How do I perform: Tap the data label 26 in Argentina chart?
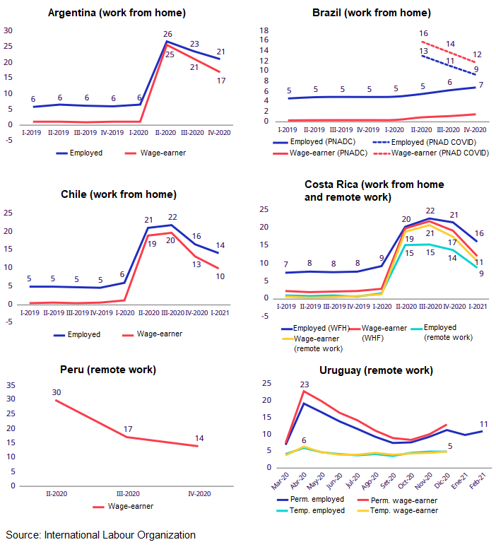[167, 34]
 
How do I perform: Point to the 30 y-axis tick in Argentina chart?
[8, 30]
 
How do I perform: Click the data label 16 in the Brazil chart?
[423, 33]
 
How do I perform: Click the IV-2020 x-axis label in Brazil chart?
[474, 129]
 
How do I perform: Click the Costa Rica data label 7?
[286, 264]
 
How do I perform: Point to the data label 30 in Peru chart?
[56, 392]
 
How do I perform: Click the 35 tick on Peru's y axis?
[11, 385]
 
